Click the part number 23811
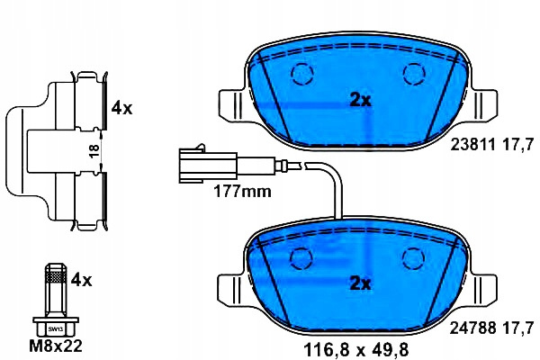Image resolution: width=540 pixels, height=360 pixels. click(x=473, y=144)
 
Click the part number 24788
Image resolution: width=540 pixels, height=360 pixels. click(x=473, y=328)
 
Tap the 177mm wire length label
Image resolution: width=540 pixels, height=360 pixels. click(x=242, y=191)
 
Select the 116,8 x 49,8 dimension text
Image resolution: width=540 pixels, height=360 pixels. click(x=355, y=350)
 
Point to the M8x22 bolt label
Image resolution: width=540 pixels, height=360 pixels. click(x=56, y=346)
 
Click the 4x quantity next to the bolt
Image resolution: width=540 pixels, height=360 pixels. click(x=81, y=280)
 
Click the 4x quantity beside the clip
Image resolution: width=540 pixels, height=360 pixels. click(x=121, y=109)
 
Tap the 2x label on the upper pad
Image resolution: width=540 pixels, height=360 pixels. click(x=360, y=101)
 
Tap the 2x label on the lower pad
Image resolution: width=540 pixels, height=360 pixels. click(x=360, y=283)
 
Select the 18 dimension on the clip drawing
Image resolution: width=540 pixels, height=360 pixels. click(x=94, y=150)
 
